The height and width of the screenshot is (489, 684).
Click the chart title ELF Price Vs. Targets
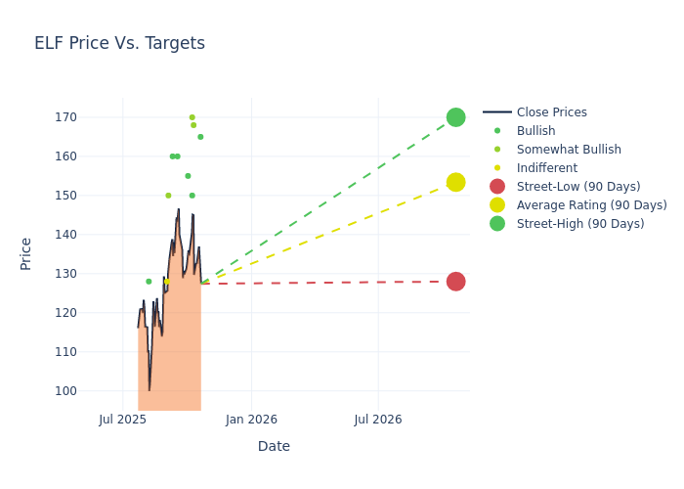pos(119,43)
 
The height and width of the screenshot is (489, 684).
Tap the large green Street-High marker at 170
pos(455,117)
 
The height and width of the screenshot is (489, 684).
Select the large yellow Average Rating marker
pos(455,183)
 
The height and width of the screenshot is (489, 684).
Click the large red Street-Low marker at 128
pos(455,282)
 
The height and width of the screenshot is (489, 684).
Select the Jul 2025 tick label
pos(123,420)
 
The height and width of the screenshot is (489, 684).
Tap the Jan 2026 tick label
pos(251,420)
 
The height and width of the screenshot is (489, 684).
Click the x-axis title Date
pos(274,446)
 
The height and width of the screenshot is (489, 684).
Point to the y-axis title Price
pos(26,253)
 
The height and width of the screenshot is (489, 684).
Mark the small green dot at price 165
pos(200,137)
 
